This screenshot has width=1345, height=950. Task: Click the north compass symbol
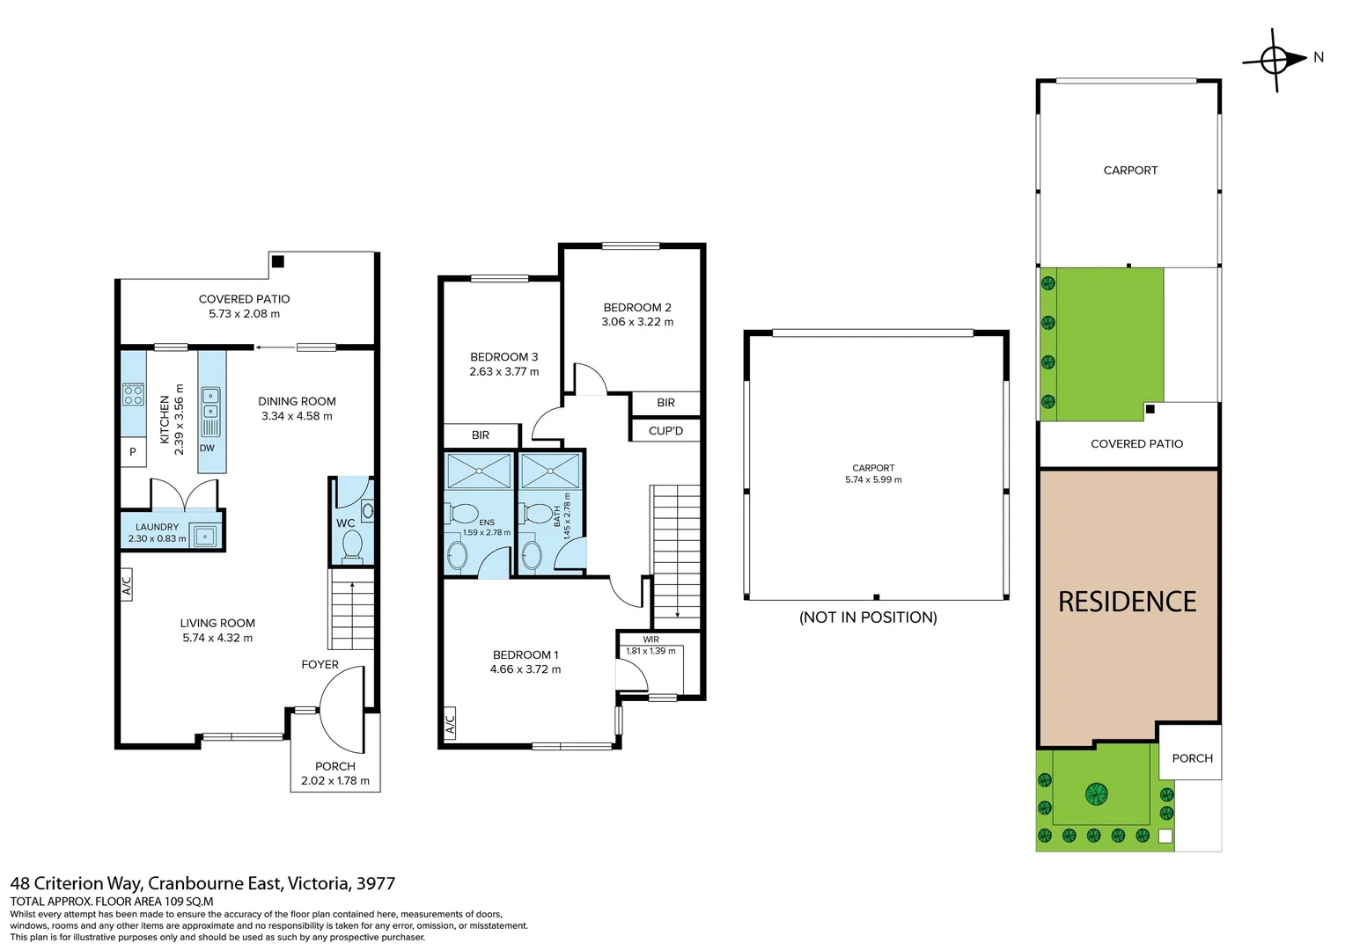1274,61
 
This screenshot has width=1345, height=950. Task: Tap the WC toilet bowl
351,547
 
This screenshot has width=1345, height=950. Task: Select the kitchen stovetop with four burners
133,395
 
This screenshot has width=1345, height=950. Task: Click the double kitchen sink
210,403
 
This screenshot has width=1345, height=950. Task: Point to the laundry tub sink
205,536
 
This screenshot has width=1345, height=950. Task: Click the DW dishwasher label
207,449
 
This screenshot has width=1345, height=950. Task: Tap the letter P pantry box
133,452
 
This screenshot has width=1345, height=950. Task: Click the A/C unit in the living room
127,585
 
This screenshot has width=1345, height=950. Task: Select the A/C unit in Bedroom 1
450,722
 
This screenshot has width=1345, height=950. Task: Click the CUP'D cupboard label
665,431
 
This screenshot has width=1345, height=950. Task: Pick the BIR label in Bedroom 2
665,403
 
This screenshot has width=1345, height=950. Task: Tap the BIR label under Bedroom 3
481,435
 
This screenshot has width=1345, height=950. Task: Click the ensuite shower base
479,471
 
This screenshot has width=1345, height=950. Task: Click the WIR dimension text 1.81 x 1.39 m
650,651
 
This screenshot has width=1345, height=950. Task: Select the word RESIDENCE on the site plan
1127,602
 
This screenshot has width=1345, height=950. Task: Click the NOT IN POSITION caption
868,617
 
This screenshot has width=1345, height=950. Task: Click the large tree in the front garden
1097,794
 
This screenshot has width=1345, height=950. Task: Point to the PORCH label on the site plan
1193,758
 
